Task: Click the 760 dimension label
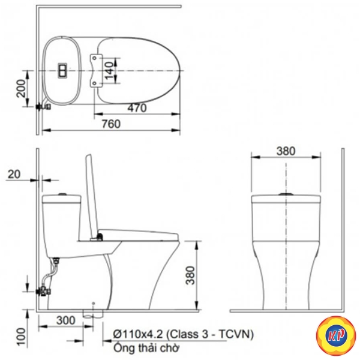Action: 111,124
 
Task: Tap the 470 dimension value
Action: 137,108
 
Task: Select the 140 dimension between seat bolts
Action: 109,70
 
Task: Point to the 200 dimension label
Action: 21,88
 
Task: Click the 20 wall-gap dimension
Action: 14,174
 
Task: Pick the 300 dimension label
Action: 65,320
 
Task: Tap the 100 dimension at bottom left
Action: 22,337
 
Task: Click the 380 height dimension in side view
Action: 190,275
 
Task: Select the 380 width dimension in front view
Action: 286,151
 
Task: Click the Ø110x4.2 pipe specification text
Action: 184,334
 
